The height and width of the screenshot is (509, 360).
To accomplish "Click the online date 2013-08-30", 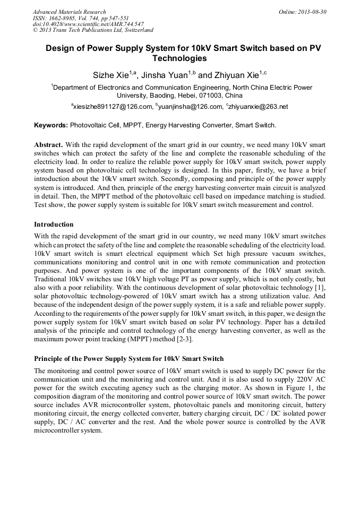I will pyautogui.click(x=313, y=12).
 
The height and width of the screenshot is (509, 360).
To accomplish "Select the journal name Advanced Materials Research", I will pyautogui.click(x=70, y=12).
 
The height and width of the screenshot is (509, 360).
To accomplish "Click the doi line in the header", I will pyautogui.click(x=88, y=24).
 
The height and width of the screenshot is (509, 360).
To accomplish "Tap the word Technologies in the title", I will pyautogui.click(x=179, y=58).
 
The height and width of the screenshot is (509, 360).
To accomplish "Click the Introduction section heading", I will pyautogui.click(x=54, y=225).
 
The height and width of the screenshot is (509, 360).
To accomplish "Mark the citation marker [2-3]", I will pyautogui.click(x=183, y=339).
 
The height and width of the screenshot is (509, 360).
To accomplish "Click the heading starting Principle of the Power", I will pyautogui.click(x=128, y=359).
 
